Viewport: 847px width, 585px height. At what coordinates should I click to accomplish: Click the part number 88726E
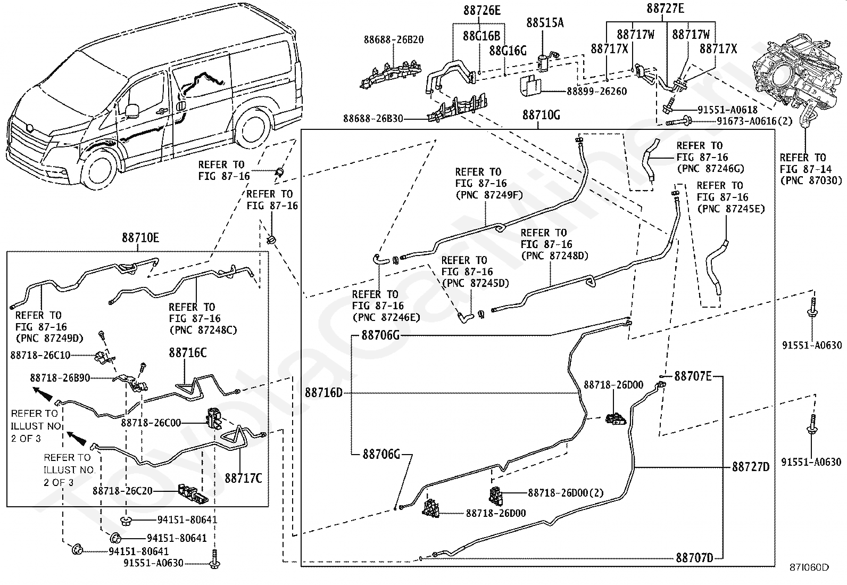coord(481,11)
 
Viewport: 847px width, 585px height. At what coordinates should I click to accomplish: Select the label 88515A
coord(545,23)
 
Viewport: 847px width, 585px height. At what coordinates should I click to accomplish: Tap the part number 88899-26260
coord(597,92)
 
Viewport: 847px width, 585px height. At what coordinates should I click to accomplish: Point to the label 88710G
coord(541,115)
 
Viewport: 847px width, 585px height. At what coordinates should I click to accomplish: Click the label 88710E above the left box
coord(140,237)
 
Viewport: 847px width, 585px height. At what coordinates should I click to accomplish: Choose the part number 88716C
coord(188,353)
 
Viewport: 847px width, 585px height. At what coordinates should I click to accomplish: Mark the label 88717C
coord(243,479)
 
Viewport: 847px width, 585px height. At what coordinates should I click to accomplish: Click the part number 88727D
coord(751,467)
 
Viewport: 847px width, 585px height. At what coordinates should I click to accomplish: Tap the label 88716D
coord(323,393)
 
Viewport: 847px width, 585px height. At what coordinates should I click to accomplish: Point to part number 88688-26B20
coord(394,40)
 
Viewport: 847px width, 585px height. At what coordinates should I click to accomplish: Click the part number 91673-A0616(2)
coord(754,121)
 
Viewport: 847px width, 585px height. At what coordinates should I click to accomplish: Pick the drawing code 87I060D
coord(809,578)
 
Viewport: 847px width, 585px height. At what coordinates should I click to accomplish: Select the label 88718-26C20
coord(122,491)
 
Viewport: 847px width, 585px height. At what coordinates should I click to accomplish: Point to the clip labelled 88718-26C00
coord(214,418)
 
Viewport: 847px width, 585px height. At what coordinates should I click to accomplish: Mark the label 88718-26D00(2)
coord(566,493)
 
